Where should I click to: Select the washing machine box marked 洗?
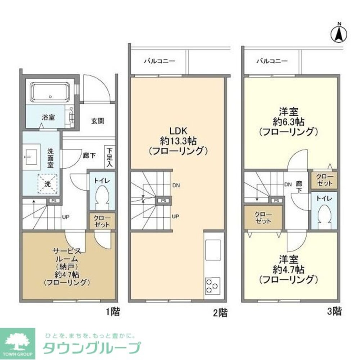click(x=47, y=183)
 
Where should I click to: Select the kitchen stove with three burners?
click(x=212, y=286)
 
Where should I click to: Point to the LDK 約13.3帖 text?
click(x=178, y=140)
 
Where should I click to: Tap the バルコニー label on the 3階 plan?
click(x=272, y=61)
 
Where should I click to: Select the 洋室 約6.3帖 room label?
click(x=288, y=121)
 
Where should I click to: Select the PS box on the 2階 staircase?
click(x=163, y=201)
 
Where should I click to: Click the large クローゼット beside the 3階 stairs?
click(x=263, y=218)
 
